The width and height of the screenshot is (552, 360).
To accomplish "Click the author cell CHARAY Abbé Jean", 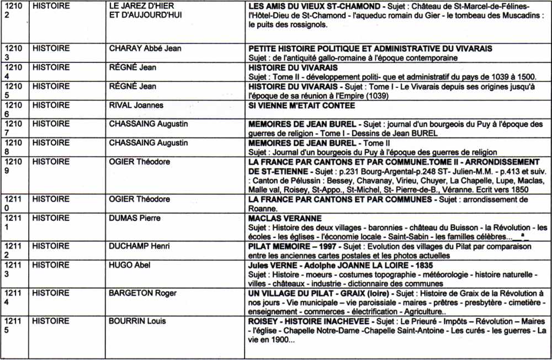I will (145, 49).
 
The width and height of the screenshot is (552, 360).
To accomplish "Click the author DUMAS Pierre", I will (137, 219).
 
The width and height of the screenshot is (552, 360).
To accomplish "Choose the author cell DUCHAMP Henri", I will (140, 246).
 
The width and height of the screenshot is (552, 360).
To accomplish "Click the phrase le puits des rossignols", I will (288, 25).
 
